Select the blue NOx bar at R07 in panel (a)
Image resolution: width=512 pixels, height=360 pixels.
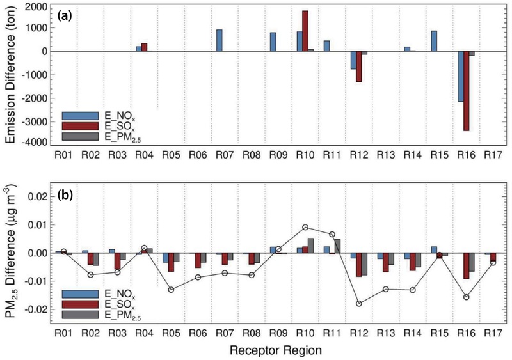point(220,40)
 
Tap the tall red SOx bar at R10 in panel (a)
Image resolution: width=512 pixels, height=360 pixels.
point(305,31)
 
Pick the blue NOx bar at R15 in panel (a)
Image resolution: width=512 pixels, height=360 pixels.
point(434,41)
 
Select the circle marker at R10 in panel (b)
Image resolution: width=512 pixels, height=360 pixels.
point(305,227)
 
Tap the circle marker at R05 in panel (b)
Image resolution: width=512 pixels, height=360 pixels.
point(172,290)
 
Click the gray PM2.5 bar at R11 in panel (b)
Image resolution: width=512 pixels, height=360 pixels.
point(337,246)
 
